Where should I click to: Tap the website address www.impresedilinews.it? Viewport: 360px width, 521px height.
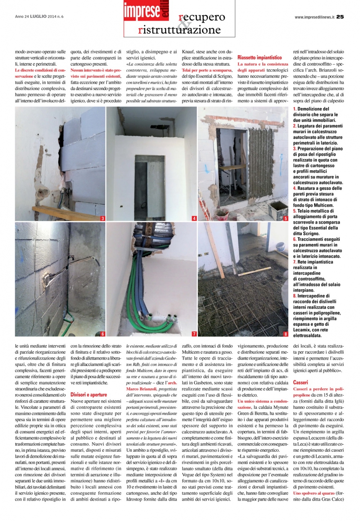pos(315,17)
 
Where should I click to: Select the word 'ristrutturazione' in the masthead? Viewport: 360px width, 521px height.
pos(179,30)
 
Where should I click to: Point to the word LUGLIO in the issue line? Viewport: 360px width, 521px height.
pos(38,16)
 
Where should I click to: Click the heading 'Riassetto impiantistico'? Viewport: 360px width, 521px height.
pos(259,57)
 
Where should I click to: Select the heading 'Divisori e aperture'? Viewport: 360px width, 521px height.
pos(88,394)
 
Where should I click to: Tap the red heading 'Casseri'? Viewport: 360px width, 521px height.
pos(300,382)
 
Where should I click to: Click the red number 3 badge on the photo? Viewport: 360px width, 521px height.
pos(102,218)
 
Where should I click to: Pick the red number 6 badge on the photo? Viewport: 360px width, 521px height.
pos(102,334)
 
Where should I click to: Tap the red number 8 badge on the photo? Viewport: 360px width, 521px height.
pos(285,334)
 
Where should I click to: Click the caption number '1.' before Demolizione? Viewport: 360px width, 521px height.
pos(295,109)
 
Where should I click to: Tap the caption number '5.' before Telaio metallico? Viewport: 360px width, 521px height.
pos(295,211)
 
